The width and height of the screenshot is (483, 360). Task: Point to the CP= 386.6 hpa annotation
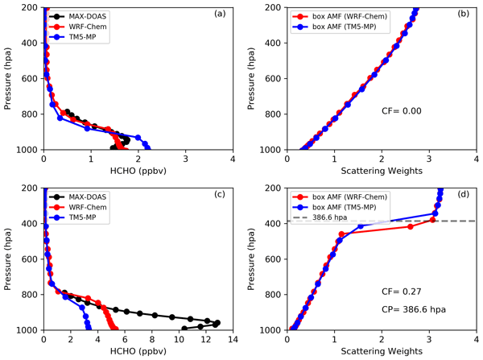414,308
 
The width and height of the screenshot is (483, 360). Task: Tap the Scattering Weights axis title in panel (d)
381,352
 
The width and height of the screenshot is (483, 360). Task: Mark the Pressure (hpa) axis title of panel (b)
258,79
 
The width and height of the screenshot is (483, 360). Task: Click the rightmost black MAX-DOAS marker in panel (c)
217,323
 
